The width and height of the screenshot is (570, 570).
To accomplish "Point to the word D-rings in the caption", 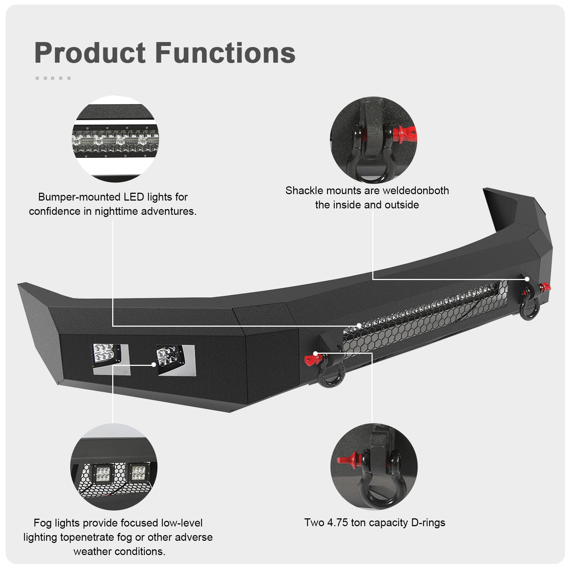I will point(428,523).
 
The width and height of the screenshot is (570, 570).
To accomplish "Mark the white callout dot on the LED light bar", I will point(359,325).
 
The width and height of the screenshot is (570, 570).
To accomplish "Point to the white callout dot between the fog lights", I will point(154,364).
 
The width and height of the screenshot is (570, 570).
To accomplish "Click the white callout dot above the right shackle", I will point(527,279).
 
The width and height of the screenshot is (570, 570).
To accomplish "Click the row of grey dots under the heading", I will point(53,78).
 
